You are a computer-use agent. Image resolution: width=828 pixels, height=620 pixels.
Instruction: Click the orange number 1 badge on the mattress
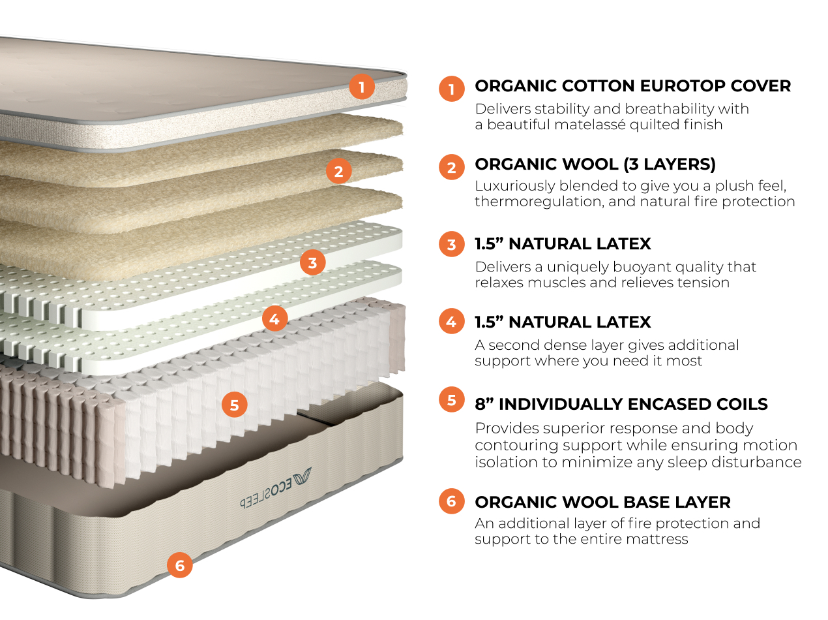(x=362, y=86)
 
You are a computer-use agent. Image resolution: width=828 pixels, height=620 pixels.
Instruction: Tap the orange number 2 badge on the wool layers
(x=338, y=172)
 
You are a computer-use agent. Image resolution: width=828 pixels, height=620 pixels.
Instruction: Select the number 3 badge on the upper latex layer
(x=313, y=263)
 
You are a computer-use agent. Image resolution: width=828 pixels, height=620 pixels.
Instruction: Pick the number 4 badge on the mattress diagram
(x=274, y=319)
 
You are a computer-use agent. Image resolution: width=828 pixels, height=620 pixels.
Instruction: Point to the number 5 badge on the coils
(x=235, y=405)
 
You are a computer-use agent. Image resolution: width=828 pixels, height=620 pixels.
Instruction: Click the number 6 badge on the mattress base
(x=180, y=565)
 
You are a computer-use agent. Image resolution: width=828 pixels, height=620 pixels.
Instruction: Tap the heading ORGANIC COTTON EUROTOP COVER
(x=632, y=86)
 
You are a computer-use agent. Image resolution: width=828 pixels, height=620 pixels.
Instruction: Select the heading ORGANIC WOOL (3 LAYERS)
(x=595, y=164)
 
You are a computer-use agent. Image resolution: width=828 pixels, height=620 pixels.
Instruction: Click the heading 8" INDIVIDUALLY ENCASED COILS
(x=621, y=404)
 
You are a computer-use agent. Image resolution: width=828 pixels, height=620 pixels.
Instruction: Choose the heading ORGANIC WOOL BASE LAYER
(x=602, y=502)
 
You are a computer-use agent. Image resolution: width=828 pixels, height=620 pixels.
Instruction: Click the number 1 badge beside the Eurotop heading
(x=452, y=88)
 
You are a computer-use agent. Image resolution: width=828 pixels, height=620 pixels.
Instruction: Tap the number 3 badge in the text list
(x=452, y=245)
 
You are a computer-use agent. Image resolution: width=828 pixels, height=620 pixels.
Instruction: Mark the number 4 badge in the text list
(x=452, y=322)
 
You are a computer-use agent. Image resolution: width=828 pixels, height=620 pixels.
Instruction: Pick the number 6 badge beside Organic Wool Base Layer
(x=452, y=502)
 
